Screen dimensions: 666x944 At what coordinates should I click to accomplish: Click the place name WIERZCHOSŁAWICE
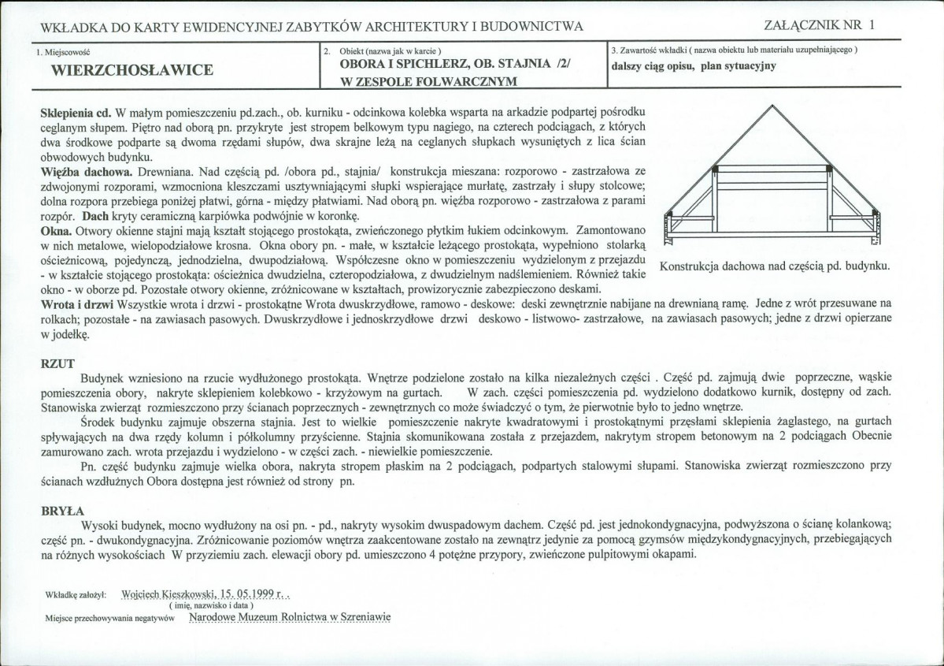click(x=131, y=70)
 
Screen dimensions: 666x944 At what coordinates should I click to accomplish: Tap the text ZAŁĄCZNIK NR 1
click(x=820, y=25)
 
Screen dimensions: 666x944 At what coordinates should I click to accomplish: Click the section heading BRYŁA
click(x=62, y=510)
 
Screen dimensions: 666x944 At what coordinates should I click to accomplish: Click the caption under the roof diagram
click(x=776, y=266)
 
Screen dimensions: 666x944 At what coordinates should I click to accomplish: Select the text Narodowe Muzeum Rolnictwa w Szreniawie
click(x=290, y=617)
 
